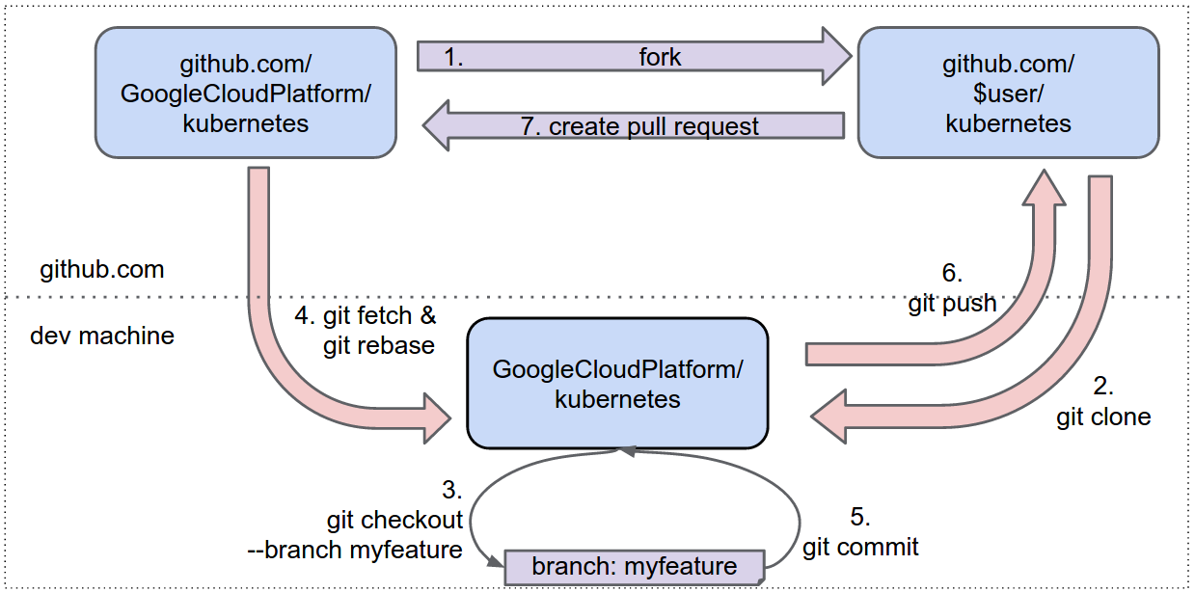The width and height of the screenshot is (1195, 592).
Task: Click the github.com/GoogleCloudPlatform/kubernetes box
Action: tap(245, 94)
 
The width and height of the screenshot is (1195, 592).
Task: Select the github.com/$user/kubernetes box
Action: tap(1008, 94)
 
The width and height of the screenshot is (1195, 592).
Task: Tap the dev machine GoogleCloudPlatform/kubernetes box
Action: tap(617, 384)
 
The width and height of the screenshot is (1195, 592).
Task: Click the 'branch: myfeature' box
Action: tap(634, 566)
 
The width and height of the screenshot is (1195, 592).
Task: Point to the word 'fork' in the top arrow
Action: tap(660, 57)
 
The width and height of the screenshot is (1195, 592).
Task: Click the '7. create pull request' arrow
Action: tap(653, 126)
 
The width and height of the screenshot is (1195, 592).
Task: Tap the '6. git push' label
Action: tap(952, 288)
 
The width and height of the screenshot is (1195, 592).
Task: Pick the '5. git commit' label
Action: tap(860, 531)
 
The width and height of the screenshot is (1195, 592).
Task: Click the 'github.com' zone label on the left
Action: tap(102, 269)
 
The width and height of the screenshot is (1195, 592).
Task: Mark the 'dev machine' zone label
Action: tap(102, 336)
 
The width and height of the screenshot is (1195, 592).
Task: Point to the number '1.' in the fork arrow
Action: tap(453, 57)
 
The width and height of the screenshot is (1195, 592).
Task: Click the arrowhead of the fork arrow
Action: tap(835, 56)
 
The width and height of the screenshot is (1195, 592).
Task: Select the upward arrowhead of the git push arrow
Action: tap(1044, 187)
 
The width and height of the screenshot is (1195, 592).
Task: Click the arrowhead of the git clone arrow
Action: tap(828, 415)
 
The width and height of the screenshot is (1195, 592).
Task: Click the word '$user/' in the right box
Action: tap(1008, 94)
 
